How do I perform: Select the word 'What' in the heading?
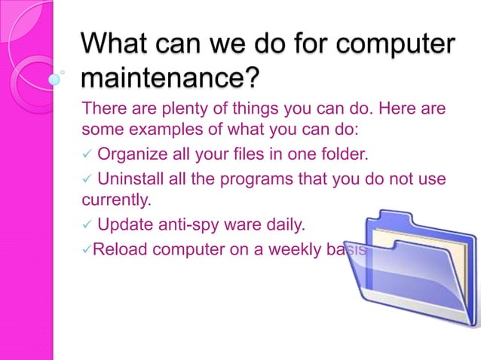click(x=118, y=44)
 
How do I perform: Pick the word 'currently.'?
click(x=116, y=201)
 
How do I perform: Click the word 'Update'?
click(x=124, y=224)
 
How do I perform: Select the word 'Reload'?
click(x=117, y=249)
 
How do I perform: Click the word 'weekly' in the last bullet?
click(x=279, y=249)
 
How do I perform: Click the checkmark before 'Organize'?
click(x=87, y=157)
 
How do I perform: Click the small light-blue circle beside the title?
click(x=54, y=78)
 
